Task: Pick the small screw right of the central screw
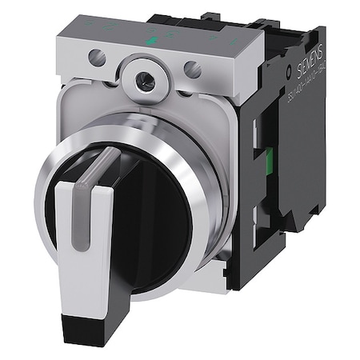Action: (x=193, y=70)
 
